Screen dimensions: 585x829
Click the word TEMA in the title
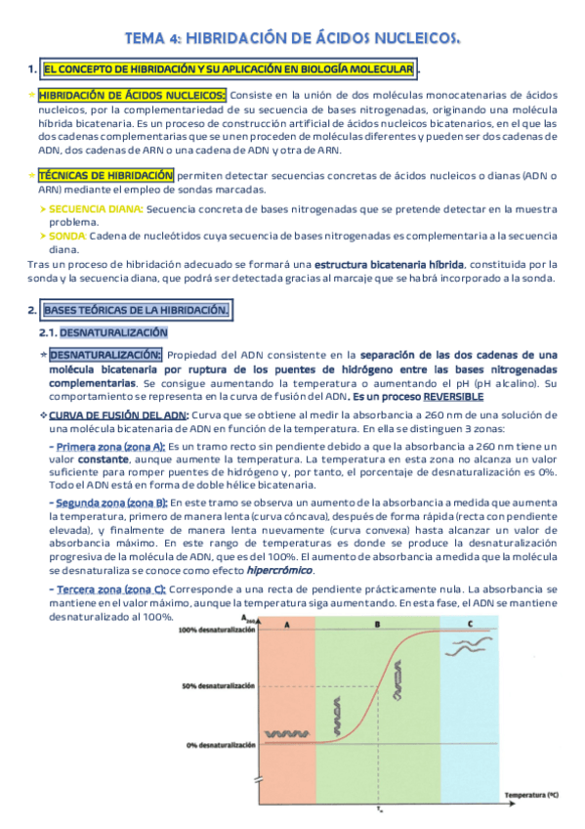pyautogui.click(x=146, y=37)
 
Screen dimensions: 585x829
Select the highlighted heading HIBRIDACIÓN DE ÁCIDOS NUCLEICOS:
pyautogui.click(x=132, y=95)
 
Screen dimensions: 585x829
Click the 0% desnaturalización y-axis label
pyautogui.click(x=220, y=745)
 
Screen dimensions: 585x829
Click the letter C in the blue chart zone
pyautogui.click(x=470, y=623)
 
